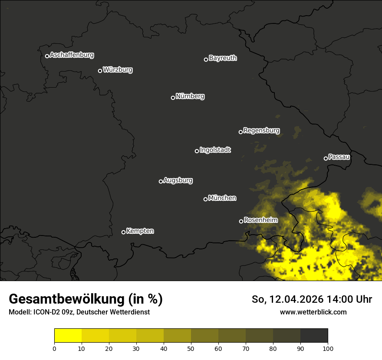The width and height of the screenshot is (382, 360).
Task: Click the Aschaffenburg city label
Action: coord(72,55)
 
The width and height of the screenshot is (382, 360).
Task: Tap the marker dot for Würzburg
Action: coord(100,71)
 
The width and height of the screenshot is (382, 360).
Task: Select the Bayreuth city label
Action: coord(223,58)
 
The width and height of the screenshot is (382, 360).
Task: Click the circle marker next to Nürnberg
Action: coord(173,98)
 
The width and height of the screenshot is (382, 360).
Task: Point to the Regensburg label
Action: coord(261,130)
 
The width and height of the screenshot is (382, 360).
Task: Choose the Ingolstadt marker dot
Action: coord(197,151)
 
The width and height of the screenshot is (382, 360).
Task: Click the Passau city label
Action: coord(339,157)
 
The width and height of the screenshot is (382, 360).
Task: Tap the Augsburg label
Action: coord(178,180)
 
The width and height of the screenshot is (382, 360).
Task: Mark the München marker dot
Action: coord(205,200)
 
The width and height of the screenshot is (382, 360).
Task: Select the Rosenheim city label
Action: coord(260,220)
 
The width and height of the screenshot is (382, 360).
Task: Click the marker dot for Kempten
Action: coord(123,232)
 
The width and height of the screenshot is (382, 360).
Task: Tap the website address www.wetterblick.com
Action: coord(313,312)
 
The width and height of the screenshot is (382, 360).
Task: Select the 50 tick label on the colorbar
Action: coord(191,348)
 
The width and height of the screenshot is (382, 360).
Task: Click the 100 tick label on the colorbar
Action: coord(328,348)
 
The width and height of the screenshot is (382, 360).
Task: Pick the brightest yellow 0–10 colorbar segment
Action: coord(68,336)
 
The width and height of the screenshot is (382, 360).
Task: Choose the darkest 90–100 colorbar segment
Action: coord(314,336)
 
